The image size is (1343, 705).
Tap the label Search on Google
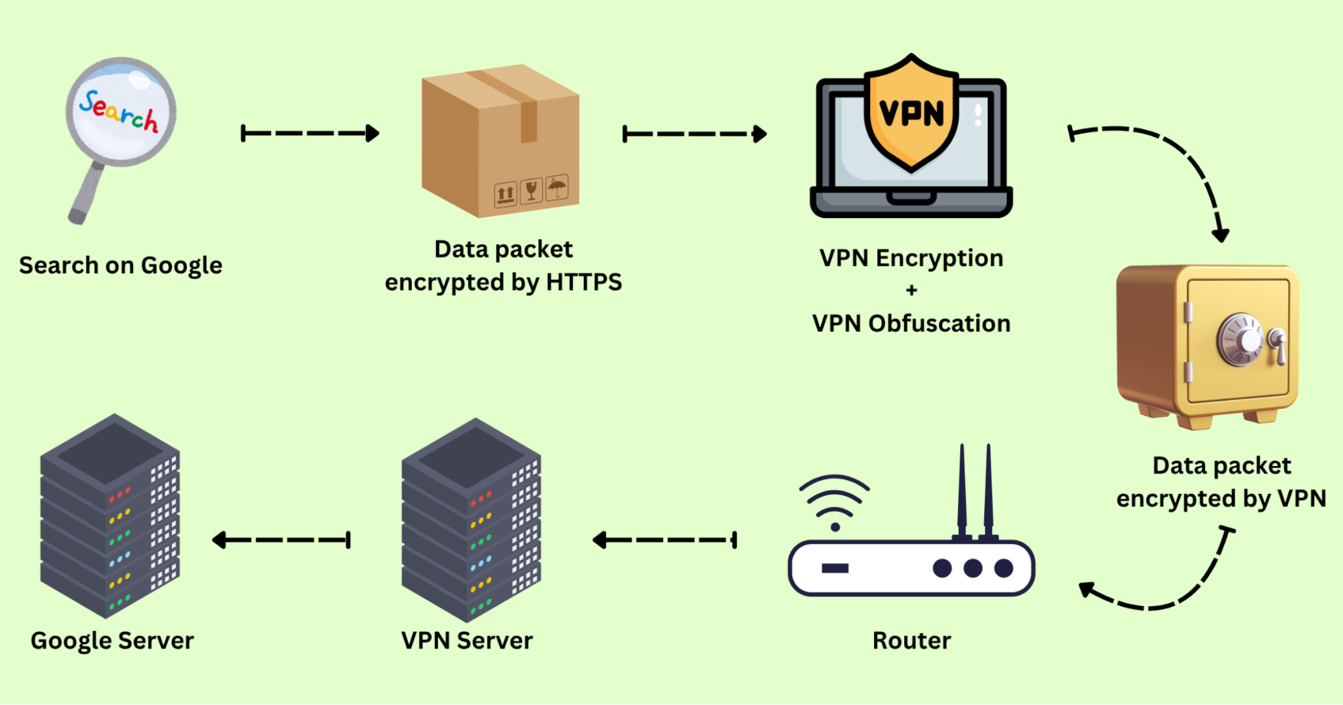[121, 265]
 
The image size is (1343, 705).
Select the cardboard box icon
[501, 141]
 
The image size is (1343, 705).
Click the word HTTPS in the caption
[584, 282]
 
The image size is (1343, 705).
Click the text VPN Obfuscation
[911, 324]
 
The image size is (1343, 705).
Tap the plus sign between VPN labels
[911, 290]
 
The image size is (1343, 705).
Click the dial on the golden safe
[1240, 340]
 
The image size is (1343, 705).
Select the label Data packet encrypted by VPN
[1221, 482]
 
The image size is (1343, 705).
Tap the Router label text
[911, 641]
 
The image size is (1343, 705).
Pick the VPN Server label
[467, 641]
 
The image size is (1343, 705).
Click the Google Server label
[112, 641]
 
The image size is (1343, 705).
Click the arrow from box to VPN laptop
[695, 134]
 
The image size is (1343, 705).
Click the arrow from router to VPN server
[665, 540]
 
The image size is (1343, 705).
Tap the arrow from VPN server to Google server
[281, 540]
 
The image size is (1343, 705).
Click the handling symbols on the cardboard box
[531, 192]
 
